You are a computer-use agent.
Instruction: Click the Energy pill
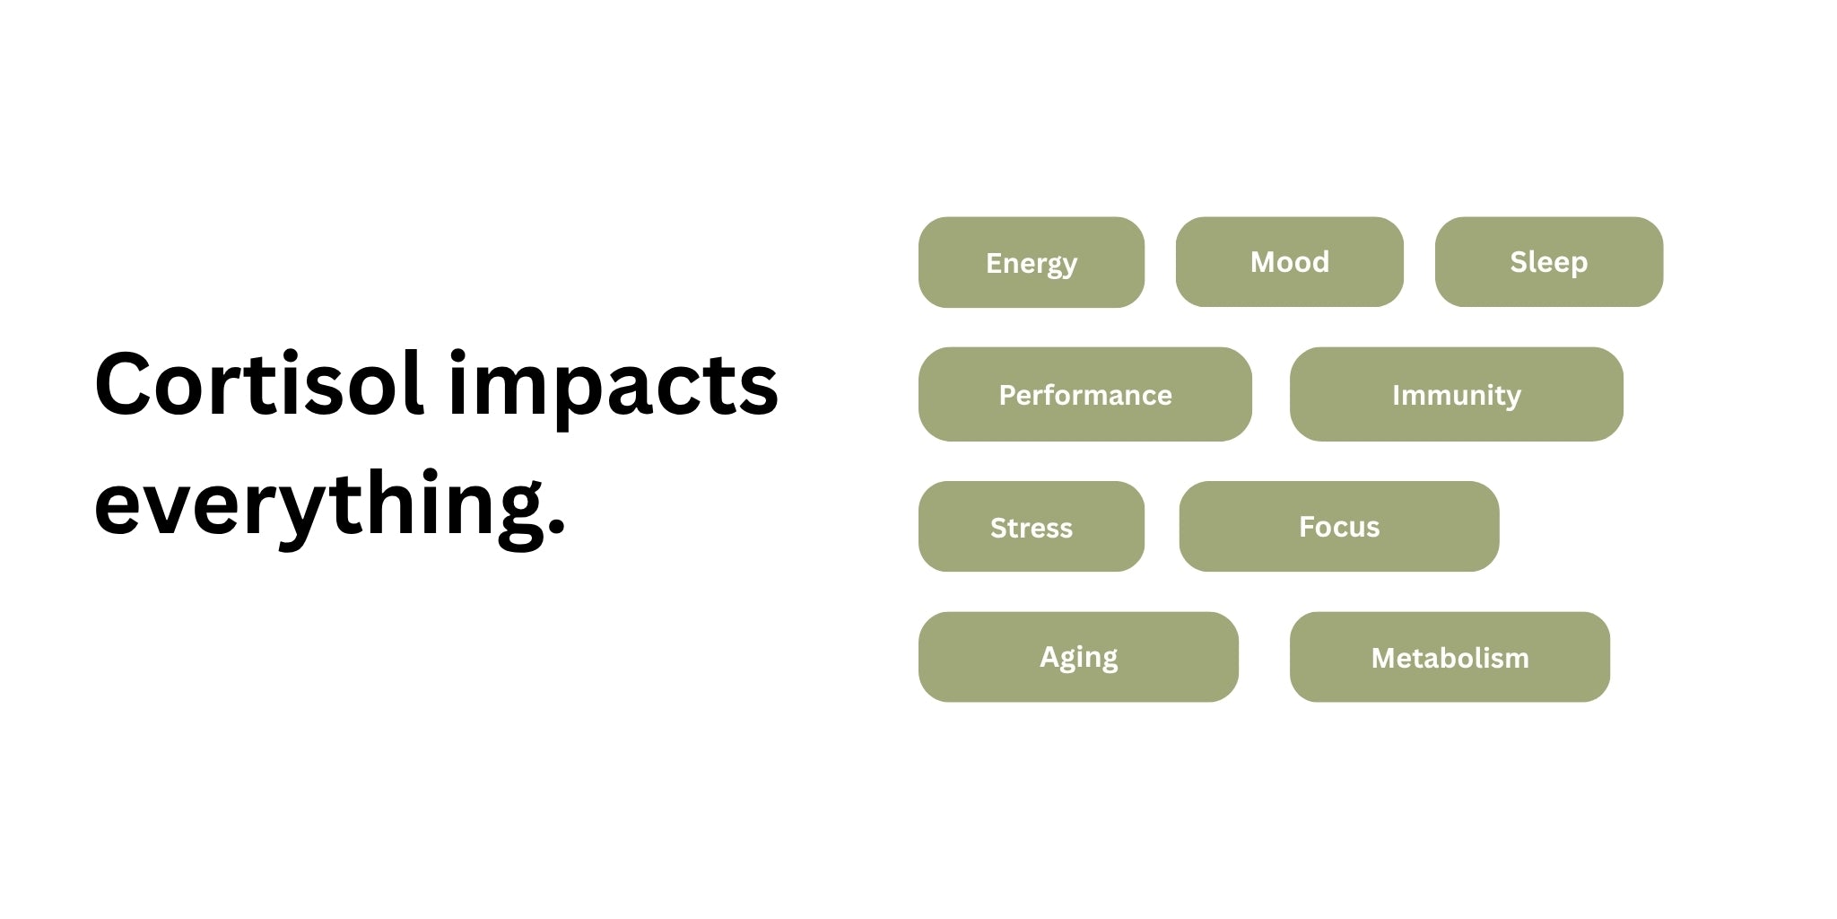coord(1032,262)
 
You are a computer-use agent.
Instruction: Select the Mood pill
coord(1290,261)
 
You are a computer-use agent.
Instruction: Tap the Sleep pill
coord(1549,261)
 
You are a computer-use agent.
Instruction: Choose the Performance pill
coord(1085,394)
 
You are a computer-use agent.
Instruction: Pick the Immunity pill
coord(1457,394)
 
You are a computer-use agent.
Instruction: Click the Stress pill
coord(1032,526)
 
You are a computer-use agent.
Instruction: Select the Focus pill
coord(1339,526)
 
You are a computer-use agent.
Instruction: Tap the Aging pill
coord(1078,657)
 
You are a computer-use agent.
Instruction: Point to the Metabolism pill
coord(1450,657)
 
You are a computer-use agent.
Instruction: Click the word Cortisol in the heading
coord(258,384)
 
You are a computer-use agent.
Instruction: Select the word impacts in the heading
coord(614,388)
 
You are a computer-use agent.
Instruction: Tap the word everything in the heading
coord(319,504)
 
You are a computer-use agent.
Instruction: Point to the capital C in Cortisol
coord(124,385)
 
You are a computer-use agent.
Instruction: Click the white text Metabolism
coord(1450,658)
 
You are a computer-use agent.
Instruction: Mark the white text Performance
coord(1085,395)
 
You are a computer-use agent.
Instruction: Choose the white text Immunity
coord(1457,396)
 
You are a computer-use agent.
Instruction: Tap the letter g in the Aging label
coord(1068,661)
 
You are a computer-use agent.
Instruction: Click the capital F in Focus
coord(1307,527)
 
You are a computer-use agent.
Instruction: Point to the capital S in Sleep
coord(1519,262)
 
